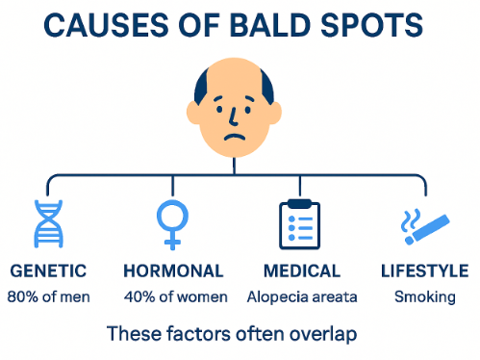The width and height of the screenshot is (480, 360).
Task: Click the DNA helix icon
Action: click(x=48, y=225)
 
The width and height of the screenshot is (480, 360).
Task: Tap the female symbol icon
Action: click(x=173, y=223)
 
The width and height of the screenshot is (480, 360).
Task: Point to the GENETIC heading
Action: click(x=48, y=271)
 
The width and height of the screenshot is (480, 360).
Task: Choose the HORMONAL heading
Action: click(x=174, y=271)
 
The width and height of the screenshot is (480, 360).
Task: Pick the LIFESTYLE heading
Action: click(x=424, y=271)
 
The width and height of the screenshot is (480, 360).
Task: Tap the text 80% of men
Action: click(x=48, y=296)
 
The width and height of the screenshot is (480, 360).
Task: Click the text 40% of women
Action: click(x=174, y=296)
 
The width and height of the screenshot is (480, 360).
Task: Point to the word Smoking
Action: click(x=424, y=296)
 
